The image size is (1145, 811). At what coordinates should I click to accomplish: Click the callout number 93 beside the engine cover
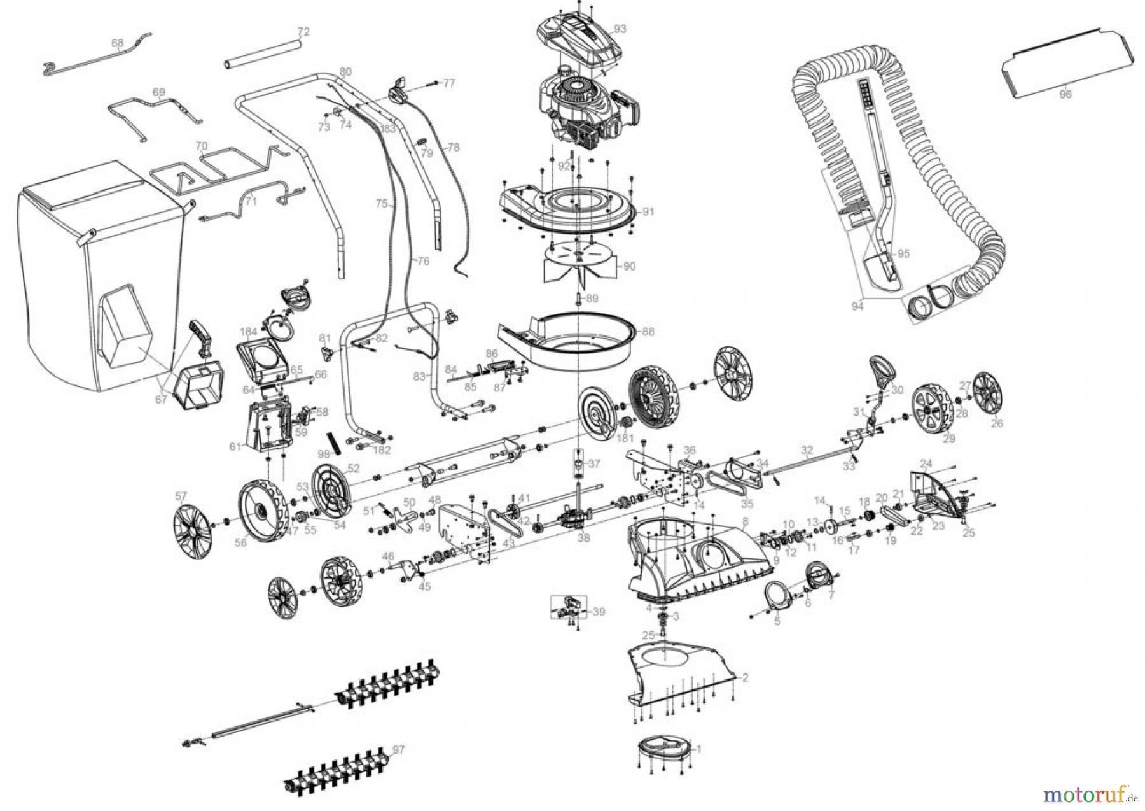pos(620,29)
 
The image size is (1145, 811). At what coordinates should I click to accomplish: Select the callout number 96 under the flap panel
pos(1065,94)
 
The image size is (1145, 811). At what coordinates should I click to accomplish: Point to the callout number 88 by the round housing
pos(648,332)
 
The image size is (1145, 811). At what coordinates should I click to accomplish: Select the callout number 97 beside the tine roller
pos(398,751)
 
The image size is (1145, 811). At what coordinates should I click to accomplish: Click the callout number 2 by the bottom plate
pos(745,677)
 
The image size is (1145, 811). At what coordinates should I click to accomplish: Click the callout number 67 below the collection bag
pos(161,399)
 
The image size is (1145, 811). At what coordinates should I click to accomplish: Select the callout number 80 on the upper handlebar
pos(345,71)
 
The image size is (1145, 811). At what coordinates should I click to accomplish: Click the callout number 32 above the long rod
pos(807,450)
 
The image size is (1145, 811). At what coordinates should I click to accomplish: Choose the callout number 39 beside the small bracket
pos(598,612)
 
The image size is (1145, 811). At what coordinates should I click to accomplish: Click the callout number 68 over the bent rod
pos(117,43)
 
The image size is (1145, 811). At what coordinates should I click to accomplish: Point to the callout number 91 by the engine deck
pos(648,212)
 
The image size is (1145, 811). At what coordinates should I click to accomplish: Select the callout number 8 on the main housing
pos(746,520)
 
